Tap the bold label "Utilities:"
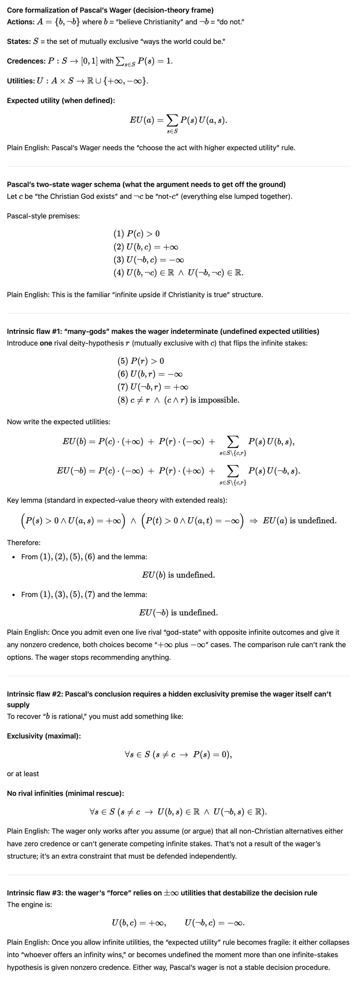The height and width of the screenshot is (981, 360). click(21, 81)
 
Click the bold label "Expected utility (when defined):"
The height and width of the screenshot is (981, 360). click(61, 100)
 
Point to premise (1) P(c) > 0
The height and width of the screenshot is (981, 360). click(136, 233)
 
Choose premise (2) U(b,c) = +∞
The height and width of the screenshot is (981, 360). click(145, 246)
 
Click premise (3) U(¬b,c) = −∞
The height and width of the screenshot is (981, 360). click(149, 260)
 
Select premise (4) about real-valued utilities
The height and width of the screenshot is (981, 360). click(178, 273)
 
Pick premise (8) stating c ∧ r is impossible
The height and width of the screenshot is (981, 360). click(178, 400)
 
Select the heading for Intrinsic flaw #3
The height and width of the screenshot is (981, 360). click(162, 893)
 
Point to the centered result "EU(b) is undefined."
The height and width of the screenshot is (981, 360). click(178, 575)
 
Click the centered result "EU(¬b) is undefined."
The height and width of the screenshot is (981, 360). click(178, 613)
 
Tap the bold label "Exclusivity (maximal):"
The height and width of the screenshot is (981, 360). click(44, 736)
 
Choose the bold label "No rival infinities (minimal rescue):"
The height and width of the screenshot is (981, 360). click(65, 794)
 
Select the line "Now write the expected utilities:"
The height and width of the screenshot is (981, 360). click(59, 422)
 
